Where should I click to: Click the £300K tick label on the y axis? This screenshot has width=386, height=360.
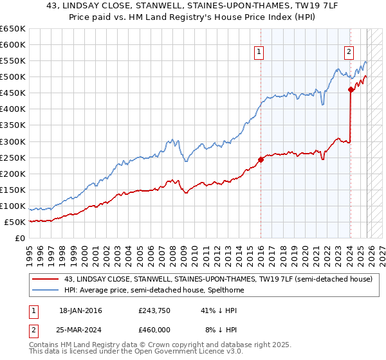tap(13, 141)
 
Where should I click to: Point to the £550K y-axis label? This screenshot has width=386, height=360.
tap(13, 61)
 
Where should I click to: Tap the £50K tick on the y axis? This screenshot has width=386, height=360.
tap(15, 222)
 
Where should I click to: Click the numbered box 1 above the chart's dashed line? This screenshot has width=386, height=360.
tap(259, 53)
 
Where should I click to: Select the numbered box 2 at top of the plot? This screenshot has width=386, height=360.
tap(349, 53)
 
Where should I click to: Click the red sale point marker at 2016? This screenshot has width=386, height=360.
tap(261, 159)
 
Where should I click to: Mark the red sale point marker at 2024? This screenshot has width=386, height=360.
tap(351, 90)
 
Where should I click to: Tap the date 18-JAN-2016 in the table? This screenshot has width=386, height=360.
tap(80, 310)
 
